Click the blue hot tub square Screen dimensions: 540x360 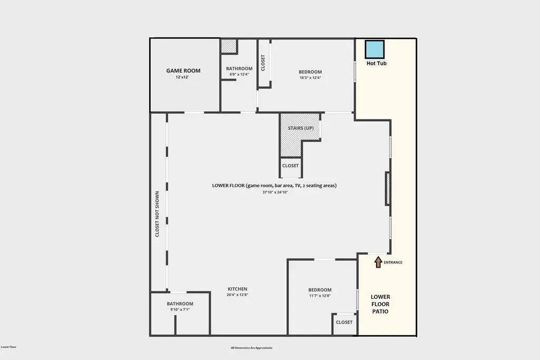[374, 49]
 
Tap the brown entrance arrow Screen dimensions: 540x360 [378, 262]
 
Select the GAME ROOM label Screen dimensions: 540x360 [183, 71]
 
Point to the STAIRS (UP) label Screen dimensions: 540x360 [301, 128]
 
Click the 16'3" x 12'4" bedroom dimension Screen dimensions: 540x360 [310, 78]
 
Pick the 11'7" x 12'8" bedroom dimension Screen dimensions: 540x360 [320, 296]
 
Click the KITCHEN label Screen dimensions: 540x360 [237, 289]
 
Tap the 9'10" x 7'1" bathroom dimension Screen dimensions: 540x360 [180, 309]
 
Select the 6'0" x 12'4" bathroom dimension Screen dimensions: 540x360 [239, 74]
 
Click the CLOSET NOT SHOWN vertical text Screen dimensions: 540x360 [157, 214]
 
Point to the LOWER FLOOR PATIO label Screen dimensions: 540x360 [380, 304]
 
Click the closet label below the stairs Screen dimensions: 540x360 [291, 166]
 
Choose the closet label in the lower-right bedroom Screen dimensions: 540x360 [344, 322]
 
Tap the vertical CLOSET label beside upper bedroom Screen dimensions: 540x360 [263, 63]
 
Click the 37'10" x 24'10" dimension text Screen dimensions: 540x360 [275, 192]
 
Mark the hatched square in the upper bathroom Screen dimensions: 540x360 [229, 46]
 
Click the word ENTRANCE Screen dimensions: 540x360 [393, 262]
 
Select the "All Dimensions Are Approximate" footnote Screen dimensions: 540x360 [252, 348]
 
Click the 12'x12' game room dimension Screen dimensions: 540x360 [182, 77]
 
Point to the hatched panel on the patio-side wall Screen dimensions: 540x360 [388, 189]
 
